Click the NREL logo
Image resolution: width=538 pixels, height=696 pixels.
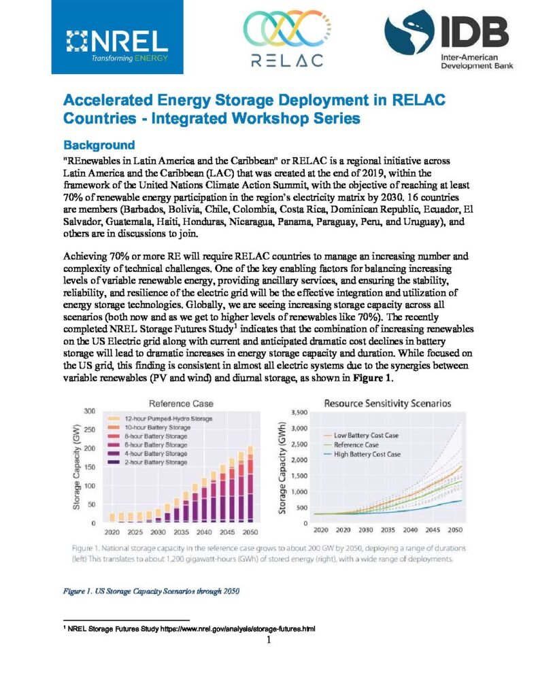tap(117, 37)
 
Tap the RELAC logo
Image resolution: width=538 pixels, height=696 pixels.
tap(287, 39)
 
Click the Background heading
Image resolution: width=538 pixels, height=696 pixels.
tap(99, 145)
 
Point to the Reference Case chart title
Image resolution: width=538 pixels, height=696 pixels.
tap(181, 404)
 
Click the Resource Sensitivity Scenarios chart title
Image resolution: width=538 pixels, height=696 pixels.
tap(388, 404)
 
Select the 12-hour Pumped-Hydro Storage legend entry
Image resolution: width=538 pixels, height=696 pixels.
tap(161, 419)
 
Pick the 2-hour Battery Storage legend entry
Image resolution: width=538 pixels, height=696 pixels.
tap(148, 462)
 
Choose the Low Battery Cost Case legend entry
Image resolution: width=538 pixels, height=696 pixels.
tap(361, 436)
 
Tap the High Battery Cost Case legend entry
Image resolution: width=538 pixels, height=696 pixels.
tap(362, 454)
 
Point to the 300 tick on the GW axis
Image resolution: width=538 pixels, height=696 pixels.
tap(90, 411)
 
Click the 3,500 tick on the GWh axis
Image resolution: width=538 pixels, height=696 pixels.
tap(299, 413)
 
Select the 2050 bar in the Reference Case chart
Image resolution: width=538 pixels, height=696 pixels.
tap(250, 484)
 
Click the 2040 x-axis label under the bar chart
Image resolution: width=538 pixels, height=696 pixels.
tap(204, 532)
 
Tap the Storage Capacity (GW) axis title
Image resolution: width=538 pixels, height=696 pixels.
tap(76, 467)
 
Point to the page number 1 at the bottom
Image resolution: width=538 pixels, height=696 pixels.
tap(269, 640)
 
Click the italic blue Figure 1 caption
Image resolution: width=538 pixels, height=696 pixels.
tap(151, 591)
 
